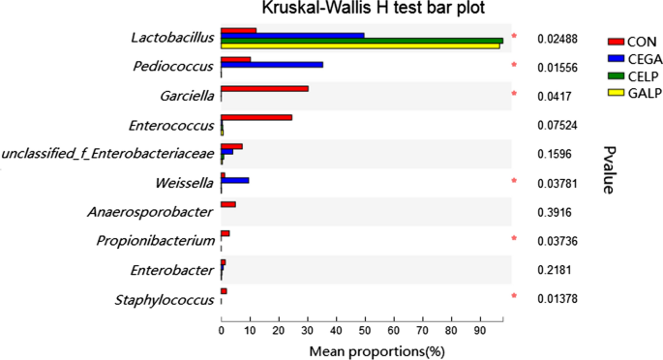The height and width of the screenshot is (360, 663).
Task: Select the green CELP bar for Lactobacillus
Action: pyautogui.click(x=362, y=41)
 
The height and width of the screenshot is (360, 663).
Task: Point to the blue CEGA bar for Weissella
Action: pyautogui.click(x=235, y=180)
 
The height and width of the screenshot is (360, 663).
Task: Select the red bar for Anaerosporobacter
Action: pyautogui.click(x=228, y=204)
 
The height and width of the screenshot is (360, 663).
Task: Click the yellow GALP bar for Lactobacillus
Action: pyautogui.click(x=360, y=45)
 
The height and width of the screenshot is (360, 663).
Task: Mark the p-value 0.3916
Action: pyautogui.click(x=551, y=212)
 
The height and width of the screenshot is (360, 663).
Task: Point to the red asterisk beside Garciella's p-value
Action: pyautogui.click(x=515, y=95)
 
